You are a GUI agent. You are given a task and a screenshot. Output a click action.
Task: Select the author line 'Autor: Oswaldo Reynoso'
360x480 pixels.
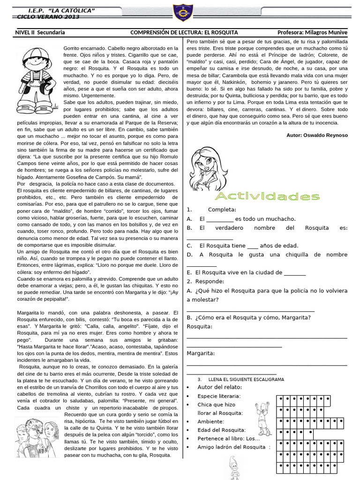coord(317,135)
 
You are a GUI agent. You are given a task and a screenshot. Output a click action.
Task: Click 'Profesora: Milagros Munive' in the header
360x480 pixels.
coord(312,32)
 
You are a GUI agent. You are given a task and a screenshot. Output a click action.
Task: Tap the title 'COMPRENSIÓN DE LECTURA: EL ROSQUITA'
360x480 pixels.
coord(184,32)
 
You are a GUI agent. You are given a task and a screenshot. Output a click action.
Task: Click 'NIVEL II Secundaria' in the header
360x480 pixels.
coord(40,32)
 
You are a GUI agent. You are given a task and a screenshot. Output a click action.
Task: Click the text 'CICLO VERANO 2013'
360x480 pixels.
coord(48,17)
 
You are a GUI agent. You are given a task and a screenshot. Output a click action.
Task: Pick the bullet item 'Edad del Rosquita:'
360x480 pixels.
coord(221,430)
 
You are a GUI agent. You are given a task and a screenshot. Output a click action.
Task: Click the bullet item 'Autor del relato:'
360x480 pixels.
coord(219,387)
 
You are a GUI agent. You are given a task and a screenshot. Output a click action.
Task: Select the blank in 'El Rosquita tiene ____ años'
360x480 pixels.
coord(252,246)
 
